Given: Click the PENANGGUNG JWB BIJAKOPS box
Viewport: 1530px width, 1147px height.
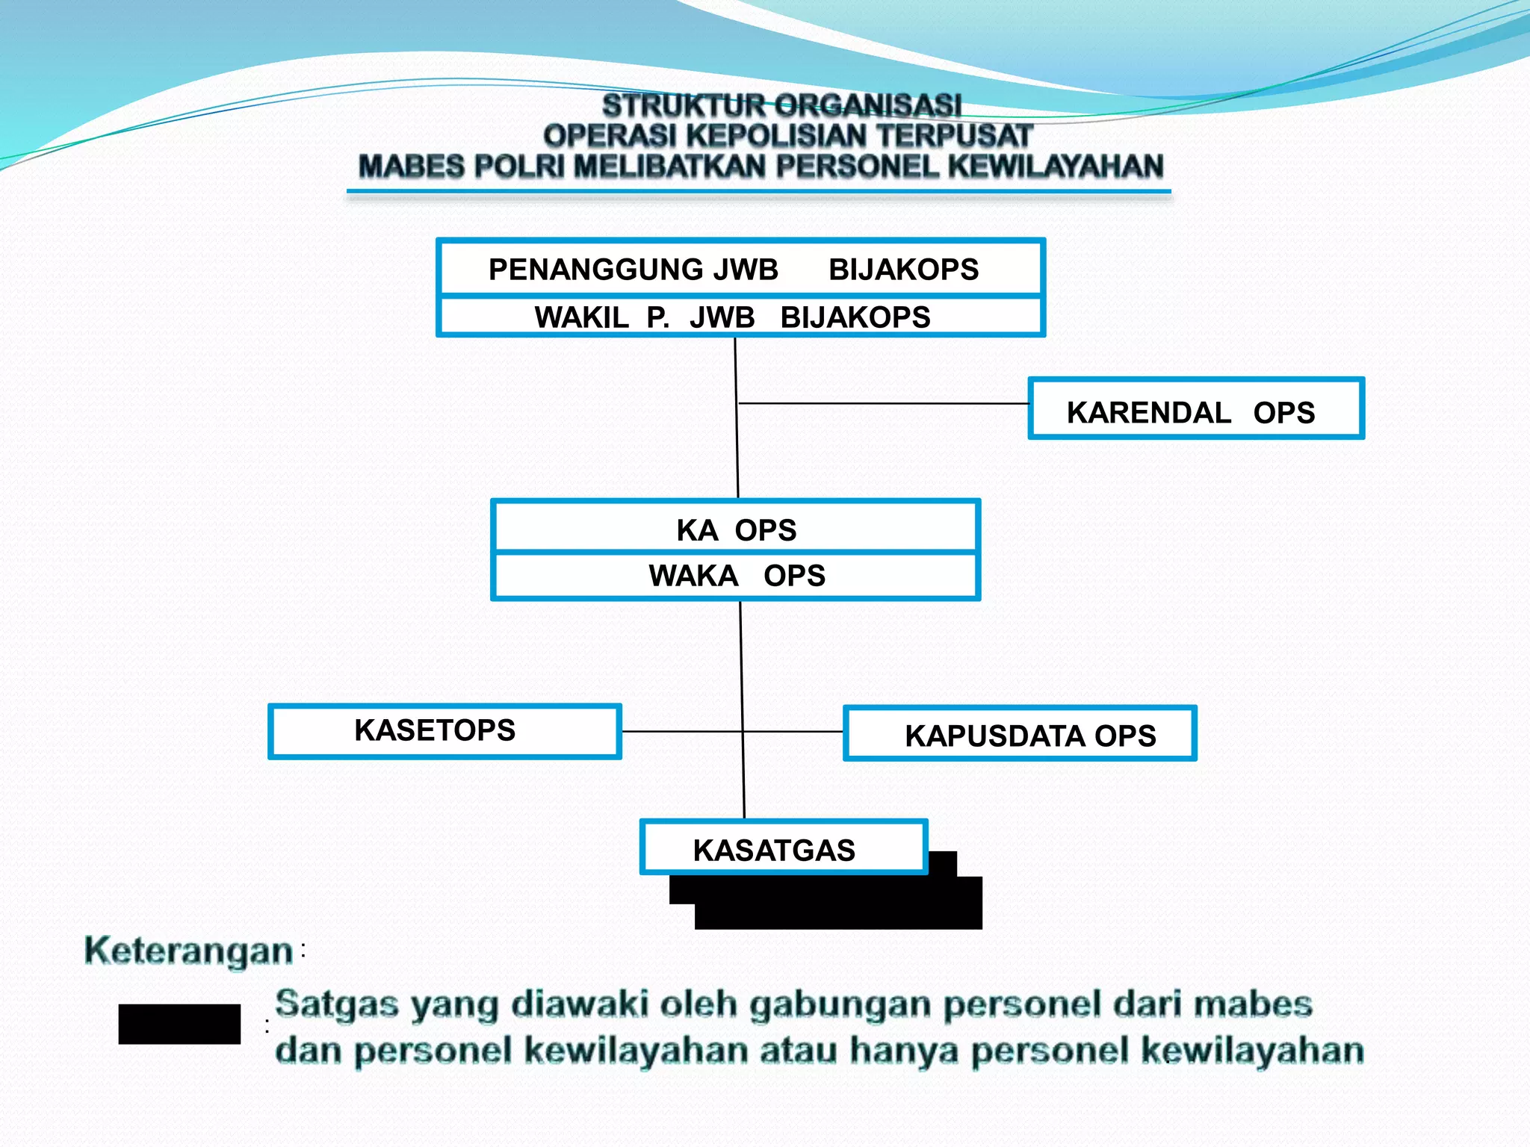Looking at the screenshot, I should pyautogui.click(x=740, y=269).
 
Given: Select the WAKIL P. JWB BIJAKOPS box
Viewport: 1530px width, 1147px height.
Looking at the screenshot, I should pyautogui.click(x=740, y=317).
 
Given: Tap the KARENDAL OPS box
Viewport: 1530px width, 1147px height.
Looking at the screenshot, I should pyautogui.click(x=1195, y=409).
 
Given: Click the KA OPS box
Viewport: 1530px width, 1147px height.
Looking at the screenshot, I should pyautogui.click(x=736, y=529).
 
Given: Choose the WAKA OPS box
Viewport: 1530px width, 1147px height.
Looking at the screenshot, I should pyautogui.click(x=736, y=576).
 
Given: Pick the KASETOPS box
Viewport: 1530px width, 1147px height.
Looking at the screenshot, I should pyautogui.click(x=445, y=731).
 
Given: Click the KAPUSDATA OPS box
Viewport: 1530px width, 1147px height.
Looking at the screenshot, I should pyautogui.click(x=1020, y=734).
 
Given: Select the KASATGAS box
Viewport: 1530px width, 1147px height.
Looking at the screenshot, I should pyautogui.click(x=783, y=848).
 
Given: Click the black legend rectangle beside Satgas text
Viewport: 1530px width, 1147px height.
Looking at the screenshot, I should pyautogui.click(x=179, y=1024).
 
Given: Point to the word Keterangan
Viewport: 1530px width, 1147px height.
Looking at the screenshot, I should pyautogui.click(x=188, y=951).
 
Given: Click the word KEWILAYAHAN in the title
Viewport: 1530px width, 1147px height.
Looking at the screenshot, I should pyautogui.click(x=1056, y=167).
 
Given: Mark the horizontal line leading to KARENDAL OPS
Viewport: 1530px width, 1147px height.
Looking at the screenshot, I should pyautogui.click(x=882, y=403).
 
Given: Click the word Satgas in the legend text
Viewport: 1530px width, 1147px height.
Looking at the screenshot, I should pyautogui.click(x=336, y=1004).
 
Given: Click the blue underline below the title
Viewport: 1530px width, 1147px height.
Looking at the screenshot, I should pyautogui.click(x=758, y=192).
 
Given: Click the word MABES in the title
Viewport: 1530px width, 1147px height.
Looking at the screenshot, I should pyautogui.click(x=411, y=167).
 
